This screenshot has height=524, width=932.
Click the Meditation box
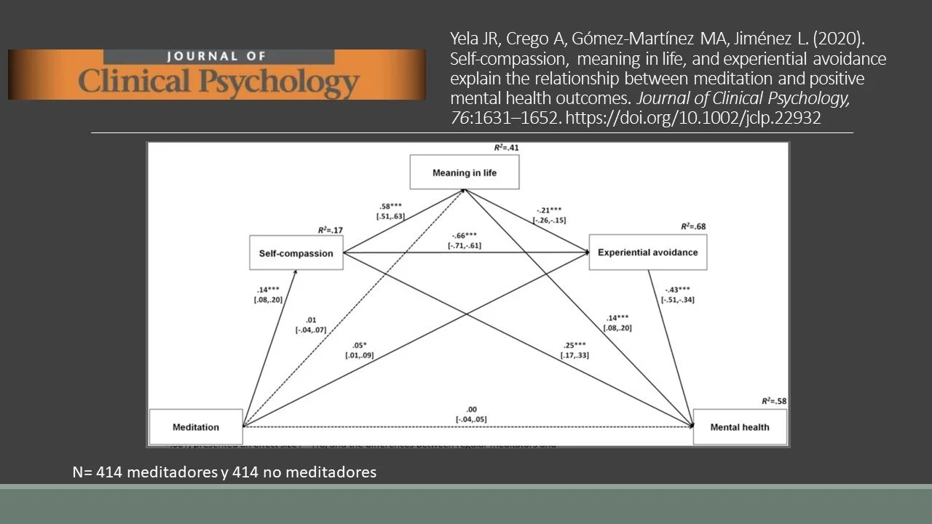point(195,427)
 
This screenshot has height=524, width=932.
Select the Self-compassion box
point(296,253)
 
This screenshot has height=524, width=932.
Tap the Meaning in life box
point(465,173)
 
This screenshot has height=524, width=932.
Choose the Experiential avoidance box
point(647,253)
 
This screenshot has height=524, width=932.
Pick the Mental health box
point(740,427)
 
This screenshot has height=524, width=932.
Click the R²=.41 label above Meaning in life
point(506,148)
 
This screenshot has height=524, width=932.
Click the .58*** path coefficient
point(390,207)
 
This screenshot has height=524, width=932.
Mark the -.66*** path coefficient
point(465,236)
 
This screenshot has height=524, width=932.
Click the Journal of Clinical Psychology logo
point(217,74)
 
